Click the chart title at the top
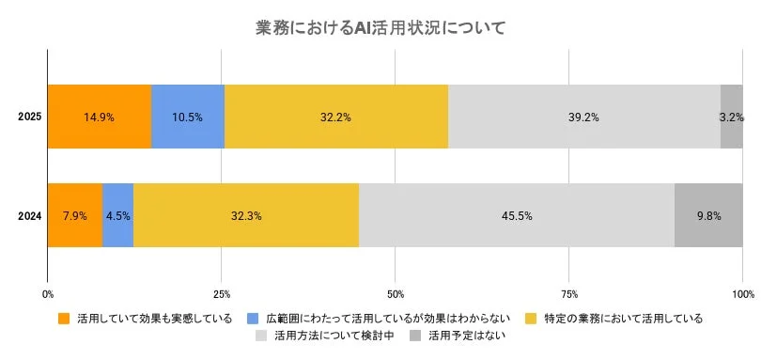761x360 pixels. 380,28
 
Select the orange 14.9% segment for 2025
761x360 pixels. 99,117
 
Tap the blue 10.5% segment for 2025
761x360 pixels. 187,117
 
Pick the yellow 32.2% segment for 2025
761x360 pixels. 335,117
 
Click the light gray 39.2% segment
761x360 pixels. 583,117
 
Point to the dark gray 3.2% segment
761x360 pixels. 731,117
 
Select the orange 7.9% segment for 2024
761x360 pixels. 74,215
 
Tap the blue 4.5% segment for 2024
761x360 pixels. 117,215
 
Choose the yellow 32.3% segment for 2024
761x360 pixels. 246,215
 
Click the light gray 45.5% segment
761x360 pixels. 517,215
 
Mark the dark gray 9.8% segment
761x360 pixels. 708,215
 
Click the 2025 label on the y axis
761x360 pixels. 29,117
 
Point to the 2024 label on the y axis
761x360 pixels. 29,215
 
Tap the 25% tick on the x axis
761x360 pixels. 222,294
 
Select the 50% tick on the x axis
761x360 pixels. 396,294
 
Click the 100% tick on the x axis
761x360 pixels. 742,294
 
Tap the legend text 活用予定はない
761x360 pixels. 466,336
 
